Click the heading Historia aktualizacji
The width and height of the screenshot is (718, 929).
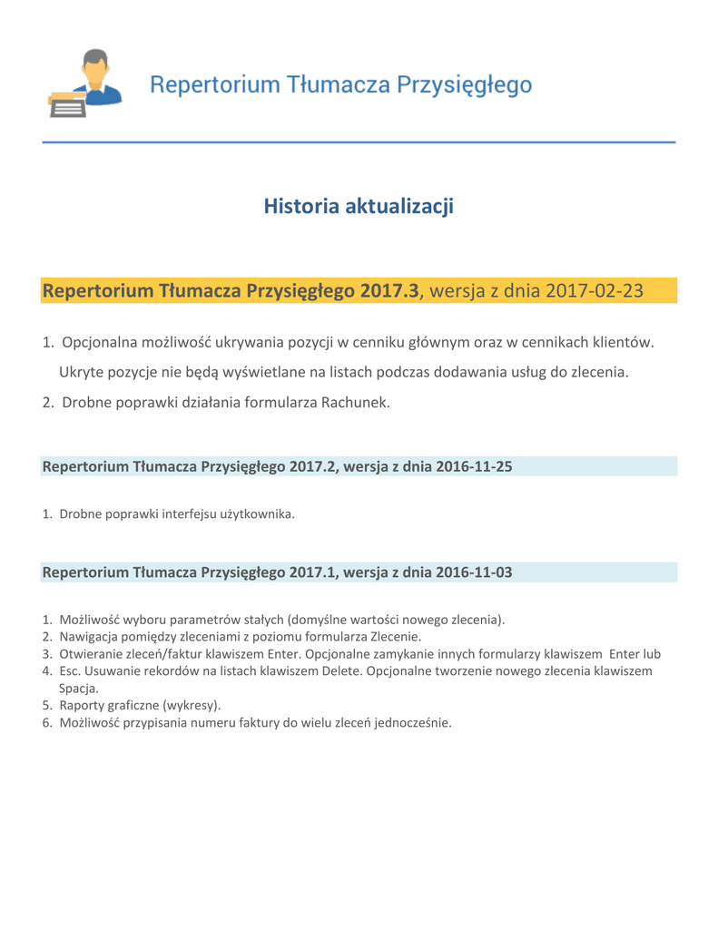[x=359, y=207]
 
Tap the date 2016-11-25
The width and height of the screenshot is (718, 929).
[x=475, y=466]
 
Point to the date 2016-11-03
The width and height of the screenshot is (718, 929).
[x=475, y=572]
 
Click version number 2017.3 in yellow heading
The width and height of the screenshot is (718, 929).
[x=389, y=291]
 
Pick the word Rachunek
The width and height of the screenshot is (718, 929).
[x=355, y=402]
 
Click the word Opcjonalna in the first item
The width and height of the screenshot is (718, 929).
[x=103, y=342]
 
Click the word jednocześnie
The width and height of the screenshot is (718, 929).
[x=410, y=722]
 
